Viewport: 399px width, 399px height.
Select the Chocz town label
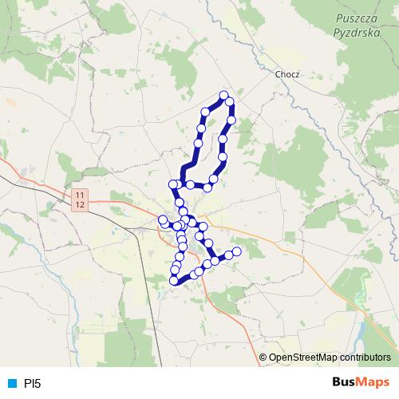coord(286,73)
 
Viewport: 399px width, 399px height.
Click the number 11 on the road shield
coord(79,196)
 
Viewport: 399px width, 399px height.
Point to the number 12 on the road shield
coord(79,205)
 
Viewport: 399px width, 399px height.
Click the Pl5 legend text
coord(31,383)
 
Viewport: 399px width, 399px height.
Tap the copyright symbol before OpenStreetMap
coord(263,357)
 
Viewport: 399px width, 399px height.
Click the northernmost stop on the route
coord(223,96)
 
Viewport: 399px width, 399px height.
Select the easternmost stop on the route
coord(236,251)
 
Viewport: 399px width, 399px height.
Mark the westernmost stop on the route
coord(163,219)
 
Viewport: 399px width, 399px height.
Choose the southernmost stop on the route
coord(174,280)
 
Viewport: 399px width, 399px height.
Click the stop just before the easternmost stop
coord(227,255)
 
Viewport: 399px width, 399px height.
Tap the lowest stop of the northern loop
coord(207,188)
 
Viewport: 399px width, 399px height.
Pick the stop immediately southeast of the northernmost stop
coord(230,102)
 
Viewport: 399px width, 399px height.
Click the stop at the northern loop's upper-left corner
coord(205,112)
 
